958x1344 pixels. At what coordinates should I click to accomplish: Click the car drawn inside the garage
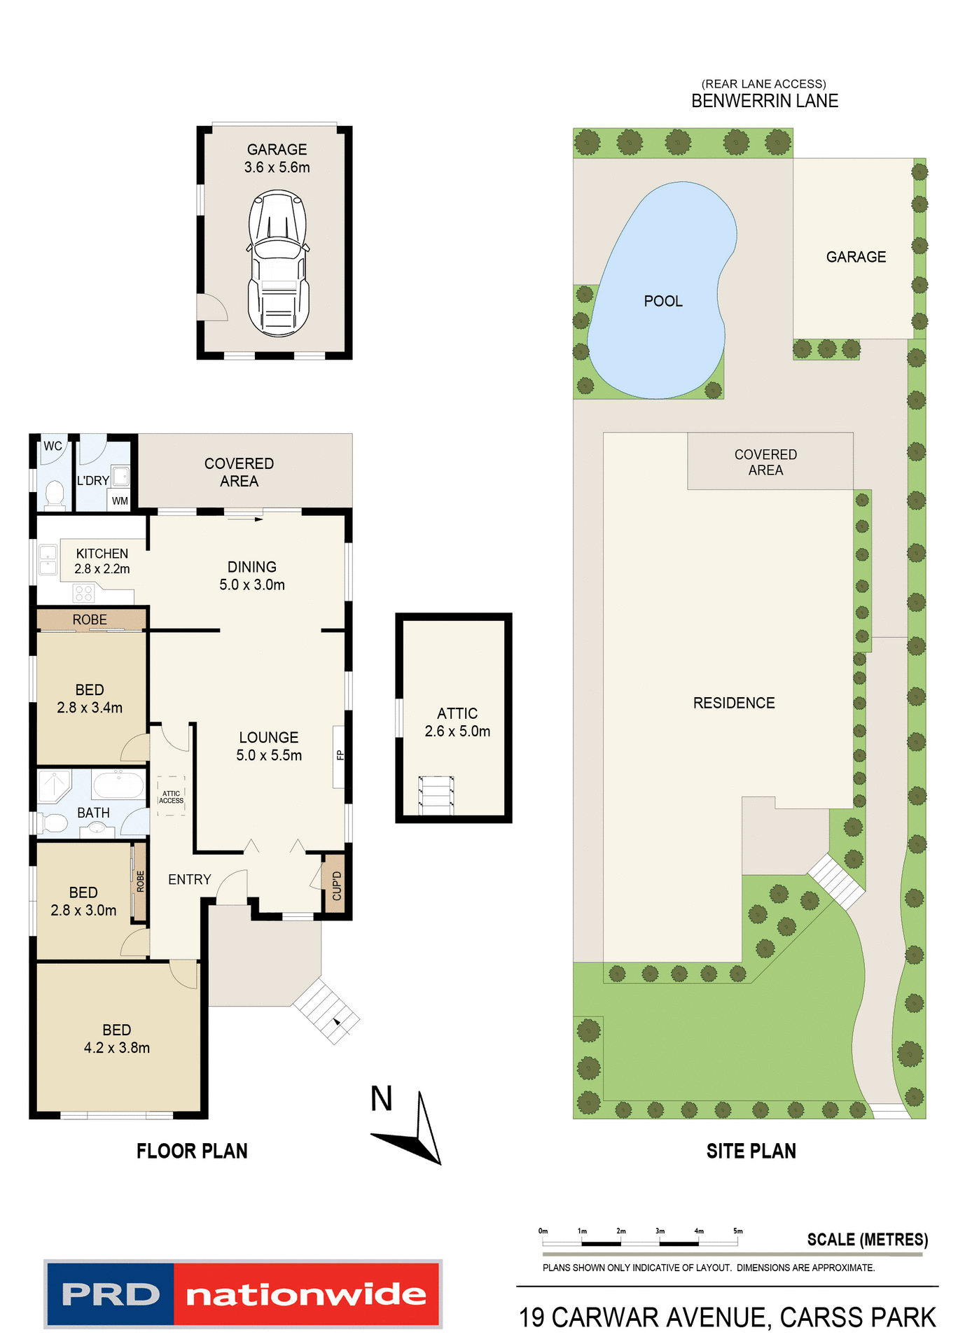click(x=278, y=265)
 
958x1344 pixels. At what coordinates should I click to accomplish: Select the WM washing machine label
click(x=120, y=501)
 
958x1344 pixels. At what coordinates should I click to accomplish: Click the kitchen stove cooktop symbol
click(x=83, y=594)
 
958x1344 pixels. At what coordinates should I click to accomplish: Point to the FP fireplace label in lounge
click(x=340, y=755)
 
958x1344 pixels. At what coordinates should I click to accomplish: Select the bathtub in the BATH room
click(x=118, y=784)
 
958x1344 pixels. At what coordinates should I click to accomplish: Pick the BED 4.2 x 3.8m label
click(x=117, y=1039)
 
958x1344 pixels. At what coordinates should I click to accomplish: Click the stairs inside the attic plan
click(x=436, y=795)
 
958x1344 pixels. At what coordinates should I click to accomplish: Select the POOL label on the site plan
click(x=662, y=301)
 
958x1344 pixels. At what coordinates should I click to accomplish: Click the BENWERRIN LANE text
click(x=764, y=101)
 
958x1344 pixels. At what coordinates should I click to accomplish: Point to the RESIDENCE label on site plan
click(x=733, y=703)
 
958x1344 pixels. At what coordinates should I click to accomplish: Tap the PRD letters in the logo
click(x=111, y=1294)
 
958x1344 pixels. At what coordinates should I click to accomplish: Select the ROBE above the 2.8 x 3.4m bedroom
click(x=90, y=619)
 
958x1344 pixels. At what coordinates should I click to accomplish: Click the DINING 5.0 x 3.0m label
click(x=252, y=575)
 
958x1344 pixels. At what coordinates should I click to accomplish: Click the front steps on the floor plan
click(x=326, y=1011)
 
